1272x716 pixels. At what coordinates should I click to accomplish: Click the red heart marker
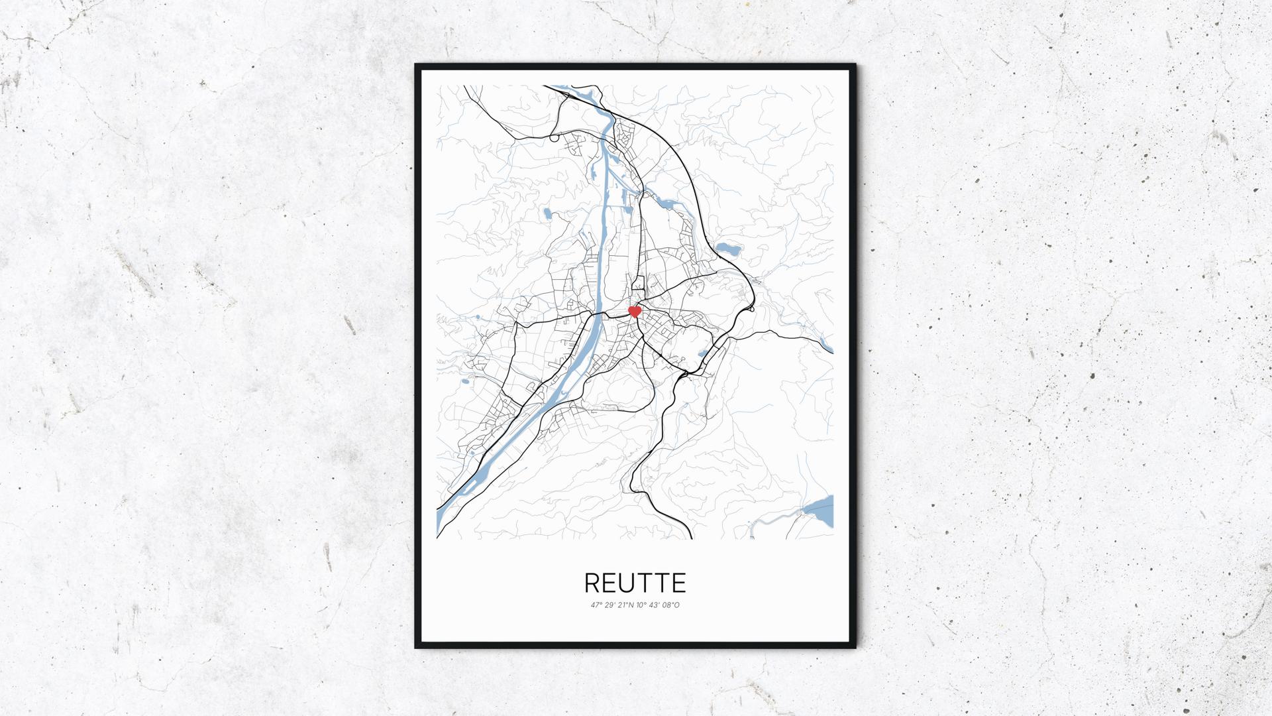[635, 311]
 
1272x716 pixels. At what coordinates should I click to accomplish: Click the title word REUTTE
[635, 583]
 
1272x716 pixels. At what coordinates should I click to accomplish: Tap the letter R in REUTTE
[592, 583]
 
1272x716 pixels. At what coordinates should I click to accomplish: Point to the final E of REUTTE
[679, 583]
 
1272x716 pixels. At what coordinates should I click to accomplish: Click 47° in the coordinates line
[597, 605]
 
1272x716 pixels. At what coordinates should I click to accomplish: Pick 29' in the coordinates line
[609, 605]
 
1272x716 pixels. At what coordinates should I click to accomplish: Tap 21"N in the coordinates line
[625, 605]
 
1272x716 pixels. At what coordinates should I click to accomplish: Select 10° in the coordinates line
[642, 605]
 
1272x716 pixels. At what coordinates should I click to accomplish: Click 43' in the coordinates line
[655, 605]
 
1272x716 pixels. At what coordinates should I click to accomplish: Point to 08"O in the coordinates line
[671, 605]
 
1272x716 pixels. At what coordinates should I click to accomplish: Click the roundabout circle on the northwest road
[554, 138]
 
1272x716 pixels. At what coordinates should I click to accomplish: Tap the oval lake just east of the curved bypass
[728, 249]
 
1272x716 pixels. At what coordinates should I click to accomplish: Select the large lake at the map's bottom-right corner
[819, 510]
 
